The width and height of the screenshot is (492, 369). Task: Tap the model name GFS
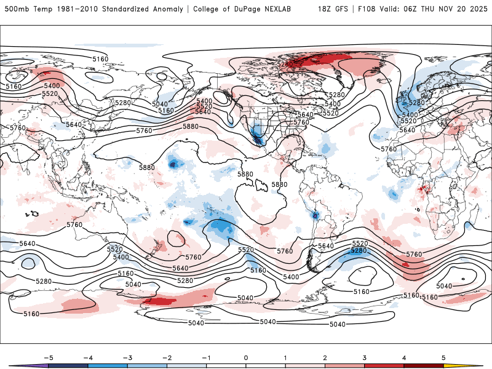341,9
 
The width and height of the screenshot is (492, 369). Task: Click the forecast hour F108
366,9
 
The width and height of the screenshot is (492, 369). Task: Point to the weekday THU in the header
434,9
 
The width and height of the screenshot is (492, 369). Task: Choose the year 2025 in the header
478,9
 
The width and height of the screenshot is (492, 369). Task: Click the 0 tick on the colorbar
245,357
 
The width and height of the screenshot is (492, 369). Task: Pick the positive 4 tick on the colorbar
404,357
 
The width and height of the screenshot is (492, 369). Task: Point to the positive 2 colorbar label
325,357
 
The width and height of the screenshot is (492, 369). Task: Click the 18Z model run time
325,9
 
